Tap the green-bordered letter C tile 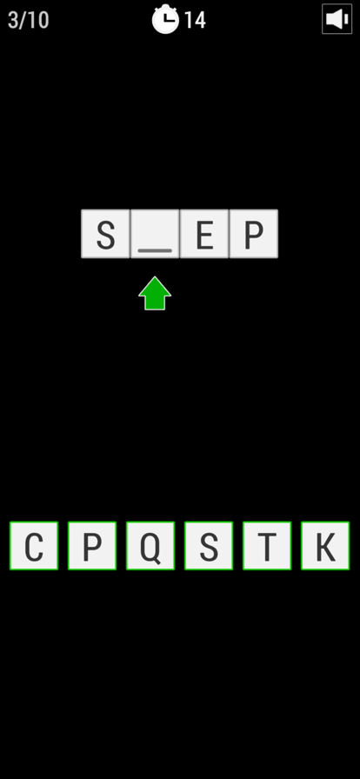(x=34, y=545)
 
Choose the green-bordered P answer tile (x=92, y=545)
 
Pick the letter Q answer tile (x=150, y=545)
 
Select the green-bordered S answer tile (x=209, y=545)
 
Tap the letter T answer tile (x=267, y=545)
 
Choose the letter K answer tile (x=325, y=545)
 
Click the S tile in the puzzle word (x=105, y=234)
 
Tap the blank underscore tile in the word (x=155, y=234)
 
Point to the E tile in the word (x=203, y=234)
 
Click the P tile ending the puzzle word (x=254, y=234)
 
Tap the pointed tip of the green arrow (x=155, y=277)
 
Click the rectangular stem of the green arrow (x=155, y=303)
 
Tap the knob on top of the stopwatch (x=165, y=6)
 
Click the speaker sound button (x=337, y=19)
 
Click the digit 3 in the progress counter (x=13, y=20)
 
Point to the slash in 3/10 (x=23, y=20)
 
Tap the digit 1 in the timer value (x=189, y=20)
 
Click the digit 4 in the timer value (x=199, y=20)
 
